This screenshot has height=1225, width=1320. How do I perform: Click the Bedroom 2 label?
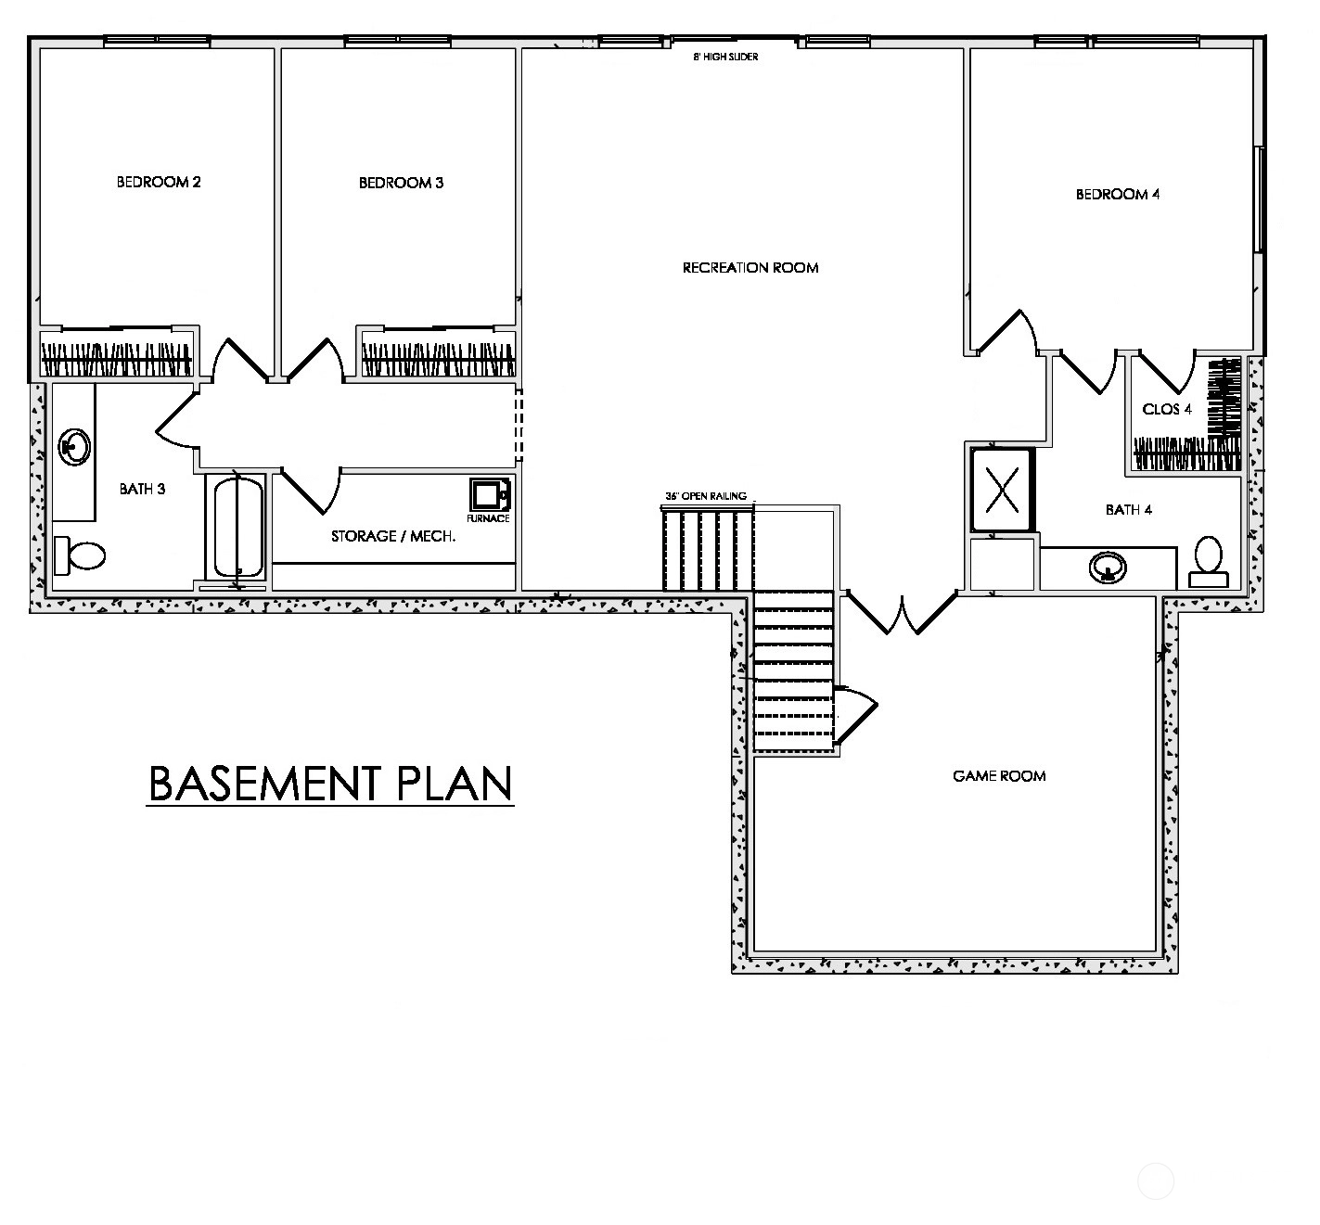point(159,182)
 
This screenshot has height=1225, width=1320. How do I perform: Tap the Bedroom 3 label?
point(401,183)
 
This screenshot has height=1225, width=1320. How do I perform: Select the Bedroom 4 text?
point(1117,194)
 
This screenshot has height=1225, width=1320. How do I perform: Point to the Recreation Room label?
point(750,268)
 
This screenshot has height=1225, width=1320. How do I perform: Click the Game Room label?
point(999,775)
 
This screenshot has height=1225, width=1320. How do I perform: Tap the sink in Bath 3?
point(74,447)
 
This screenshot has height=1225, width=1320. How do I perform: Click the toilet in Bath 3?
point(79,555)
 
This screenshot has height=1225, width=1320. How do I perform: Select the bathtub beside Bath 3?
point(238,527)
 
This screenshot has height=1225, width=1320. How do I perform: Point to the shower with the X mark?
point(1003,490)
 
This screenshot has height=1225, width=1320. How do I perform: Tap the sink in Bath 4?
point(1108,568)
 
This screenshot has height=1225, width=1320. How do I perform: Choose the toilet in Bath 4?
point(1209,562)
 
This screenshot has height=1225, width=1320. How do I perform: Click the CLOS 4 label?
point(1166,410)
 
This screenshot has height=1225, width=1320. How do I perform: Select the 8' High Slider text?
point(725,57)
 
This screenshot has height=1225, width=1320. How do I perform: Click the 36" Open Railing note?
point(706,496)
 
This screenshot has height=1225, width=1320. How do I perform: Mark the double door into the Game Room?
point(902,612)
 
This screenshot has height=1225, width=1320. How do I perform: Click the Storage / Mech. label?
point(393,536)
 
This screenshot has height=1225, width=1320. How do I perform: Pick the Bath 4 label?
point(1129,510)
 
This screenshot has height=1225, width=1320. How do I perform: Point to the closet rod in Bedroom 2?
point(117,360)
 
